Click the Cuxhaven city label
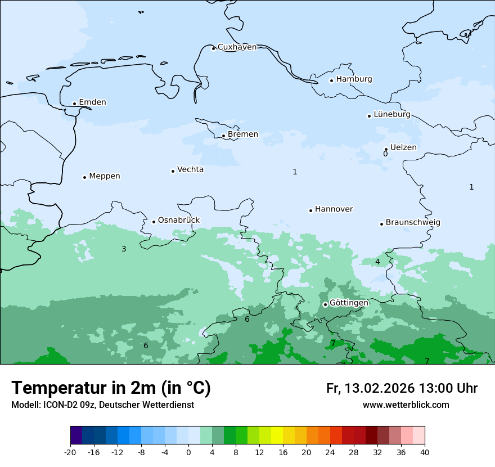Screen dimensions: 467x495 pyautogui.click(x=237, y=47)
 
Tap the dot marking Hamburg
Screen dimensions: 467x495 pyautogui.click(x=332, y=80)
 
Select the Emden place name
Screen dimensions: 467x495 pyautogui.click(x=92, y=102)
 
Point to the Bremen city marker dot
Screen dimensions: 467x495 pyautogui.click(x=223, y=136)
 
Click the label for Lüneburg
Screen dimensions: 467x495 pyautogui.click(x=392, y=115)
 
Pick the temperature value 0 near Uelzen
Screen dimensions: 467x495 pyautogui.click(x=385, y=154)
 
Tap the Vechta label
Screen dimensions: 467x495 pyautogui.click(x=190, y=170)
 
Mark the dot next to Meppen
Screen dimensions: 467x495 pyautogui.click(x=84, y=177)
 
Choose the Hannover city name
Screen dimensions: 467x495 pyautogui.click(x=334, y=209)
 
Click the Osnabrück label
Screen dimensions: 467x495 pyautogui.click(x=179, y=221)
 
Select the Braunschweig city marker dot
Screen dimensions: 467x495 pyautogui.click(x=381, y=224)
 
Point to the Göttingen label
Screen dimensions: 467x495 pyautogui.click(x=349, y=303)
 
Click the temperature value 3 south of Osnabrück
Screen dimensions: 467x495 pyautogui.click(x=124, y=249)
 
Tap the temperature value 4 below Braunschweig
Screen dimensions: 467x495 pyautogui.click(x=377, y=262)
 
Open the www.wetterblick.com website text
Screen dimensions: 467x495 pyautogui.click(x=406, y=405)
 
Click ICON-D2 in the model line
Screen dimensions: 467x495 pyautogui.click(x=58, y=405)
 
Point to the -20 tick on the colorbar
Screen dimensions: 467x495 pyautogui.click(x=70, y=452)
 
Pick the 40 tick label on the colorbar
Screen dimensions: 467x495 pyautogui.click(x=425, y=452)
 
